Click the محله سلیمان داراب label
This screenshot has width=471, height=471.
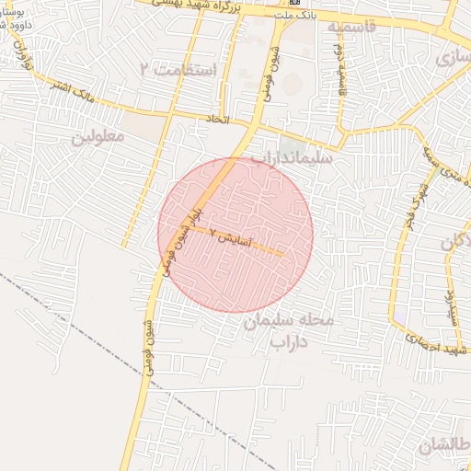(x=293, y=332)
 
